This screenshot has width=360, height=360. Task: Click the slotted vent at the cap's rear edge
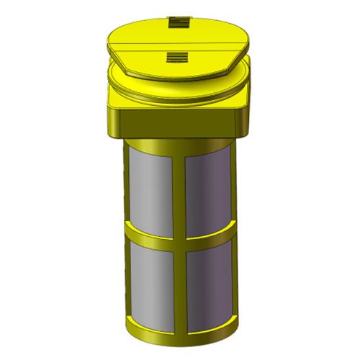pyautogui.click(x=177, y=23)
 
